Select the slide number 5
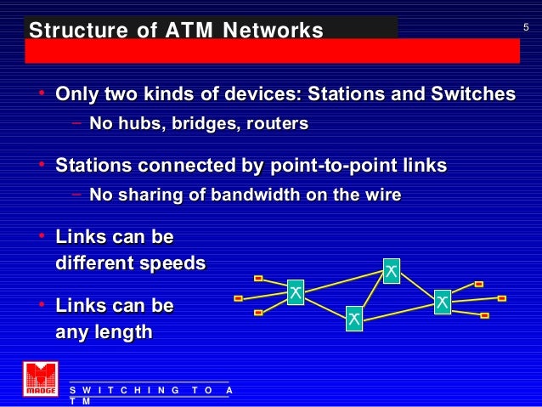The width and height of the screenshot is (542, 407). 525,29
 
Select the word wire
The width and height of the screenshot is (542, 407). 381,195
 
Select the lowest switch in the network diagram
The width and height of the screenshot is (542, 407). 353,319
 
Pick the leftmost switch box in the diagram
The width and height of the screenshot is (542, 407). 295,292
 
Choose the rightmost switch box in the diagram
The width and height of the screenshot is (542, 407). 442,301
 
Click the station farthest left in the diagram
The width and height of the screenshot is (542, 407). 238,298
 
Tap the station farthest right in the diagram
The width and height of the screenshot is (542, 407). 501,298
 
